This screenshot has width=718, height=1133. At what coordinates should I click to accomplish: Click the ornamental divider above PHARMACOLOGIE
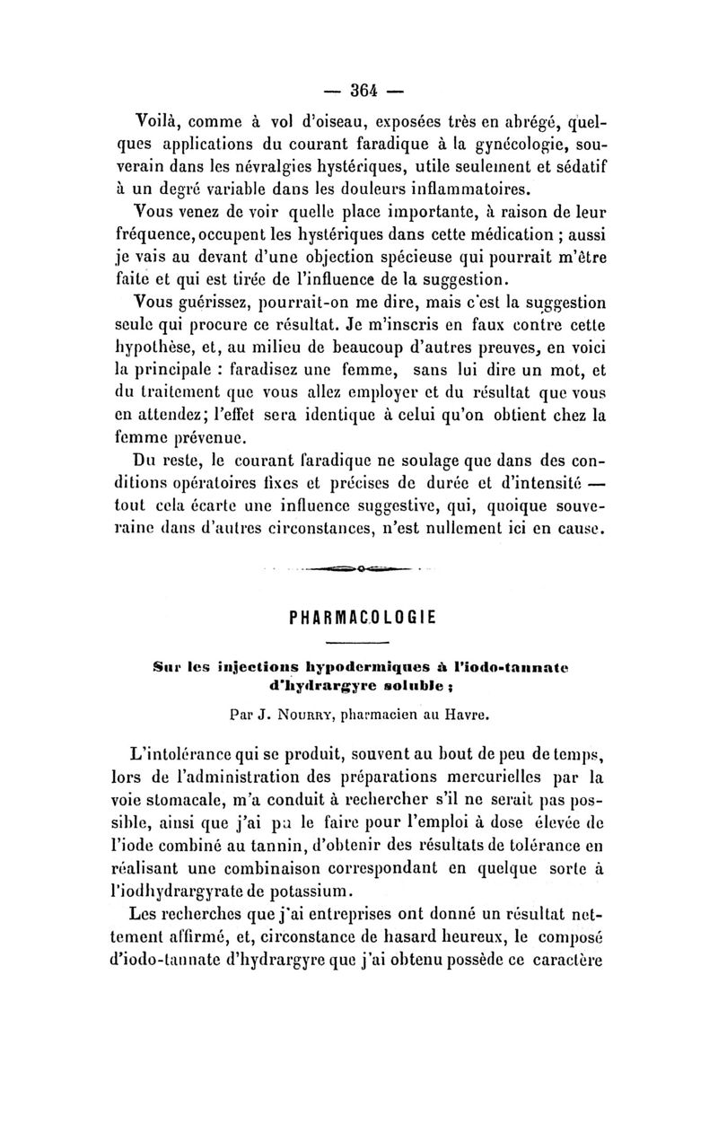(358, 567)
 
